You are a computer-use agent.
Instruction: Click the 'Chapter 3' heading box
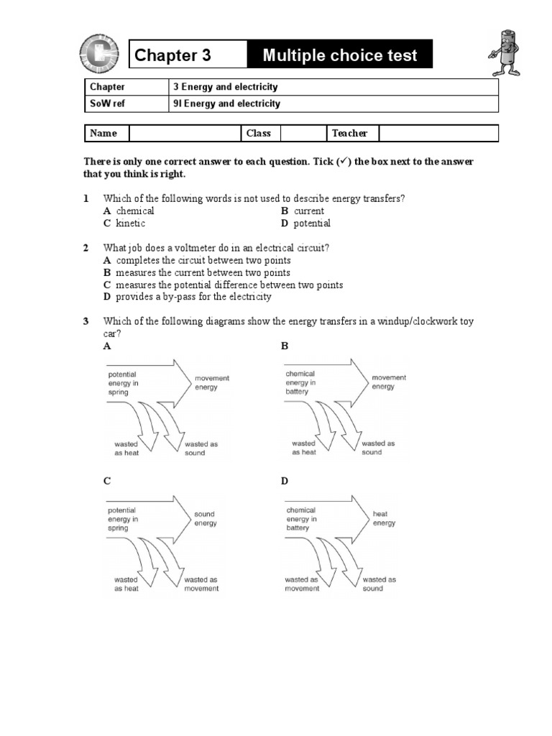click(187, 55)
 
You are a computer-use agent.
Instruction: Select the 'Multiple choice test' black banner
click(339, 55)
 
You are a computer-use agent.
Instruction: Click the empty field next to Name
click(184, 133)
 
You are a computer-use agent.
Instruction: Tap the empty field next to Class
click(302, 133)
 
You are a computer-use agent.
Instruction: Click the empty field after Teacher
click(438, 133)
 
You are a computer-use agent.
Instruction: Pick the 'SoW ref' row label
click(106, 103)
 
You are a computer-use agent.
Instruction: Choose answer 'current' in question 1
click(308, 211)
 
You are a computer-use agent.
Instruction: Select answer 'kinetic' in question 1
click(130, 224)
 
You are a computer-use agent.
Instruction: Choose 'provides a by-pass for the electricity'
click(193, 297)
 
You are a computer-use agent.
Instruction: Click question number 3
click(86, 321)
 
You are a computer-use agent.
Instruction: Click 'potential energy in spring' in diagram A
click(123, 383)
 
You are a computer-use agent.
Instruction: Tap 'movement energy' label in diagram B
click(389, 382)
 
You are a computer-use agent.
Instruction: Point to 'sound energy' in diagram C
click(206, 519)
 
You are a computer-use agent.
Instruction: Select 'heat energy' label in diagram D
click(384, 519)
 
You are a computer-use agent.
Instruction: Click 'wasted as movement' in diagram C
click(202, 584)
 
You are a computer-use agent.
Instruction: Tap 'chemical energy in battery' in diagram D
click(300, 519)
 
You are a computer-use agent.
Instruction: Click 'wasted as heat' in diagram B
click(304, 448)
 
